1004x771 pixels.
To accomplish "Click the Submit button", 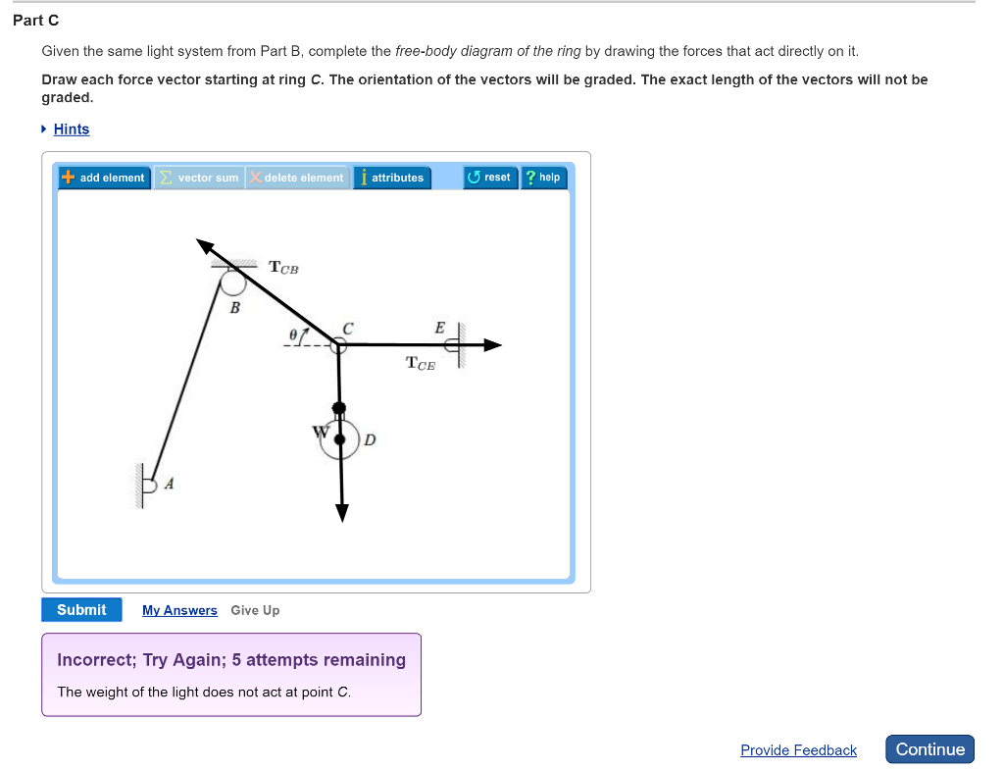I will pos(81,610).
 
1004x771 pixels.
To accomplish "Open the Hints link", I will pos(71,129).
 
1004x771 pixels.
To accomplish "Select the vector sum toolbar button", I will pos(199,178).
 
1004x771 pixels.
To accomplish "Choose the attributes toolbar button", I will pos(391,178).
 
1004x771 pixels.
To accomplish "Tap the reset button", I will pos(489,178).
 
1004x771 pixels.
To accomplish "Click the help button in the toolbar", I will pos(543,178).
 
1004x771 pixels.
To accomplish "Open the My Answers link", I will pos(179,610).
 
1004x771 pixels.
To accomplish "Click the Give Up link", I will pos(255,610).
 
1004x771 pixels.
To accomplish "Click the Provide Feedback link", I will pos(798,750).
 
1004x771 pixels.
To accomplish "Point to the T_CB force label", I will pos(283,267).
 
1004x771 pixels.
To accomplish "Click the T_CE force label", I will pos(420,364).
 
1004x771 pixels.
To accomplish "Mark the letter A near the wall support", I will pos(169,483).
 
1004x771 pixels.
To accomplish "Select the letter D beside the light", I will pos(370,439).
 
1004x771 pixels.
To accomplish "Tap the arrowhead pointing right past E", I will pos(492,344).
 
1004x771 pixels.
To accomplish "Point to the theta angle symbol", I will pos(293,334).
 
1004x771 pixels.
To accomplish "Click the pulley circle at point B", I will pos(233,283).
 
